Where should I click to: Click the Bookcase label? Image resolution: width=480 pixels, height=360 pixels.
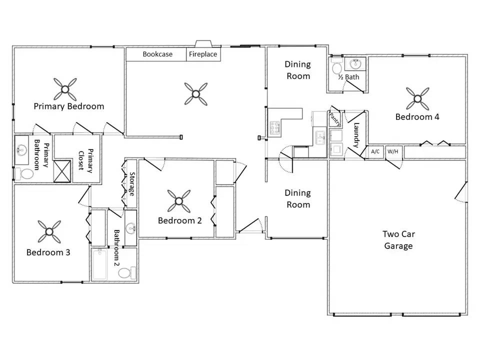click(157, 54)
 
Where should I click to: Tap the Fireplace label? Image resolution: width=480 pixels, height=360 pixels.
click(203, 54)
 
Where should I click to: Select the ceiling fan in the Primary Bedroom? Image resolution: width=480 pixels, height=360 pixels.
click(65, 89)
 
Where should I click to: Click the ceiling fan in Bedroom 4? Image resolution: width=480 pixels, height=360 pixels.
click(417, 98)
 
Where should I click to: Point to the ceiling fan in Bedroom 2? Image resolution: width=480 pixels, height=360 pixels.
click(179, 201)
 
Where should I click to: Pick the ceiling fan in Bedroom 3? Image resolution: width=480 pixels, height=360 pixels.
click(49, 231)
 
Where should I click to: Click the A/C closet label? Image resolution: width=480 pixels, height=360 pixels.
click(375, 151)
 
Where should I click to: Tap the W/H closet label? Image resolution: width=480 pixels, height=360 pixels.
click(393, 151)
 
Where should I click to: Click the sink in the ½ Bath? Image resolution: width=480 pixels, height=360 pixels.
click(355, 64)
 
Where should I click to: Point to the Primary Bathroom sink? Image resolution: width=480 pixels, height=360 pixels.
click(21, 149)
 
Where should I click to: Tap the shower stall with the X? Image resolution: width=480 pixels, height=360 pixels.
click(62, 171)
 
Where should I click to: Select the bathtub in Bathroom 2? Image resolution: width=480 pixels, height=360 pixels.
click(99, 264)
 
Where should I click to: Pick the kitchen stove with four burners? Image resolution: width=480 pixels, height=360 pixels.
click(274, 127)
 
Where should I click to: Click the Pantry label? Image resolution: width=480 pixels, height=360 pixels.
click(334, 119)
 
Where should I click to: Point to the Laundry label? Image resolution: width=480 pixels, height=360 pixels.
click(356, 135)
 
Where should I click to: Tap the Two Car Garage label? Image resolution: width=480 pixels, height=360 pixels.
click(398, 240)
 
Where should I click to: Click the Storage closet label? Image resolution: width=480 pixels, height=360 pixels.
click(132, 184)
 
